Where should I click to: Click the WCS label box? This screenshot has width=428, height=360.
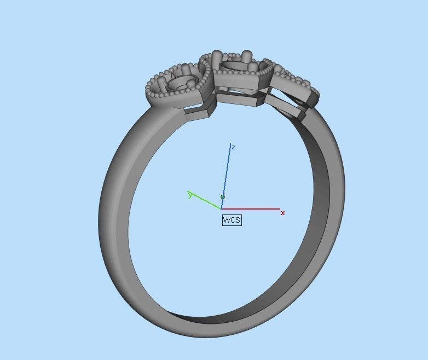pos(232,220)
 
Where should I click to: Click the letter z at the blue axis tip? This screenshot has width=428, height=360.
pos(233,147)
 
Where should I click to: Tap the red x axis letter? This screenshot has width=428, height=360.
pos(282,213)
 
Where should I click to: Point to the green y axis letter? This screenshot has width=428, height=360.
pos(190,195)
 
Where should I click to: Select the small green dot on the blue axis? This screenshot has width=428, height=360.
pos(223,196)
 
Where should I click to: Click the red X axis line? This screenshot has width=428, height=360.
pos(252,208)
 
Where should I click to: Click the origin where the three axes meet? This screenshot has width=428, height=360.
pos(221,208)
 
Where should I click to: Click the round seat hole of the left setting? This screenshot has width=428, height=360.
pos(180,83)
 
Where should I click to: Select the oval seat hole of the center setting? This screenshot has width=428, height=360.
pos(234,66)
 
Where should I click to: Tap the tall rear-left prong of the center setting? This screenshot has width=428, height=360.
pos(217,57)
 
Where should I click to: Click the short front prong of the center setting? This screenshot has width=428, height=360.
pos(252,68)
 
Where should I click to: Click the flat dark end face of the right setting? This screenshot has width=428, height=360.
pos(313,99)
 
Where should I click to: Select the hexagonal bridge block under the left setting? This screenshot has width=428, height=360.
pos(199,109)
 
